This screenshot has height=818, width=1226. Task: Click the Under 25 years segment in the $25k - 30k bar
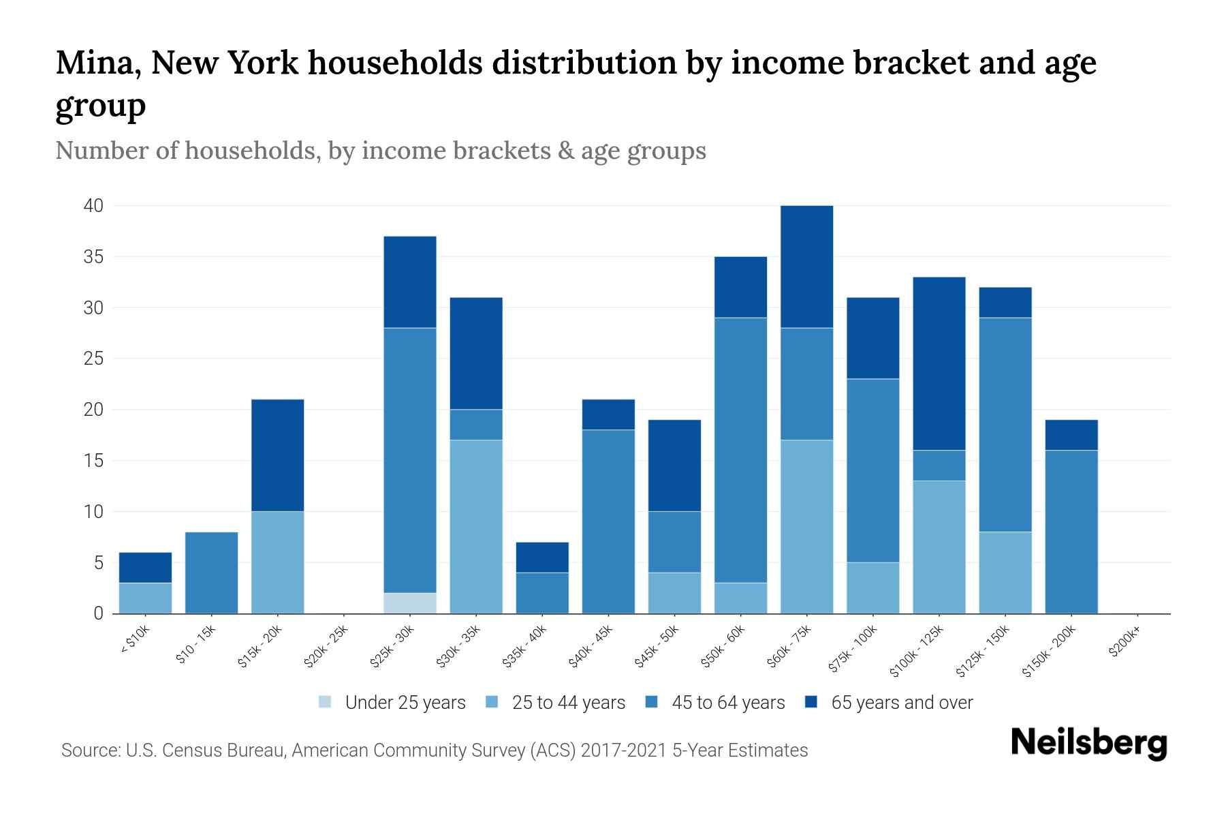coord(409,603)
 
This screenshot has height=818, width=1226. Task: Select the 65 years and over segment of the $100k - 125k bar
coord(939,363)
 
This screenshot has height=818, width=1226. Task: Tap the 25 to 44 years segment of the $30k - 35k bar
coord(476,526)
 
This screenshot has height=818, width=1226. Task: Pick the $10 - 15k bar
coord(211,573)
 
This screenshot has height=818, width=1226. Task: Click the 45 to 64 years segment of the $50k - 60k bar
coord(740,450)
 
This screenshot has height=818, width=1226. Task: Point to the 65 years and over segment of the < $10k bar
coord(145,567)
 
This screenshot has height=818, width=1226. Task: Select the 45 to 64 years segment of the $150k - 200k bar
coord(1071,532)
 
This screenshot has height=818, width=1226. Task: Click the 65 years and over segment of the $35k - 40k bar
coord(542,557)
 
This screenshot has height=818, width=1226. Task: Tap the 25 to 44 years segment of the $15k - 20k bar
coord(277,562)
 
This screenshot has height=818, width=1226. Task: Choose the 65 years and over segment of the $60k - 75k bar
coord(806,267)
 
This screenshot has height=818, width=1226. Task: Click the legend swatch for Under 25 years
coord(326,702)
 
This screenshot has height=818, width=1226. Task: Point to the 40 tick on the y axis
coord(93,206)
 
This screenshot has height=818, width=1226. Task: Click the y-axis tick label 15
coord(94,461)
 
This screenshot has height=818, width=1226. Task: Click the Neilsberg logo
coord(1088,744)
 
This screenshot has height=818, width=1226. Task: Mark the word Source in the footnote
coord(89,751)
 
